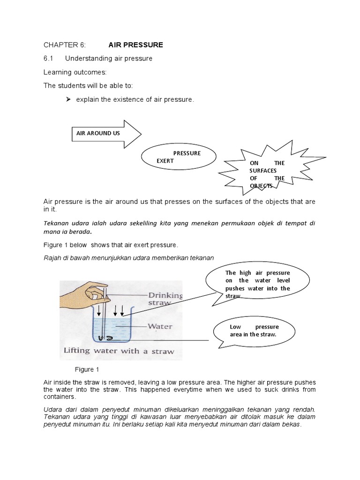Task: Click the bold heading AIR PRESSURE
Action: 135,45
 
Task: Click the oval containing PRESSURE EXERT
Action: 179,157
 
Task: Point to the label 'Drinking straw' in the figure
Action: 165,299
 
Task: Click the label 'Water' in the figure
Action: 160,326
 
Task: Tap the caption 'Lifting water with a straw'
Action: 119,351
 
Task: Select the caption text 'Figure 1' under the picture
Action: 87,369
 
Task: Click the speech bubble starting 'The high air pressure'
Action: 257,284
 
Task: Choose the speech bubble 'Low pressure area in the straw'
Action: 254,330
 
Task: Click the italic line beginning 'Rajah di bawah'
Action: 128,258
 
